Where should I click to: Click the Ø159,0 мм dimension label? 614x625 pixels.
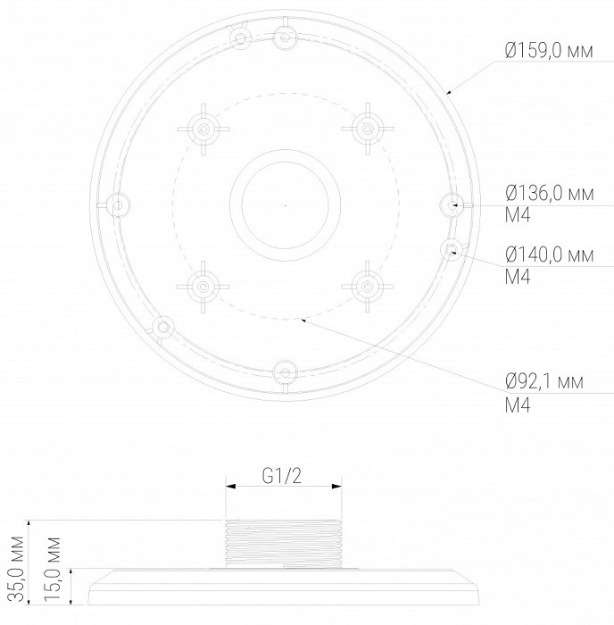[549, 51]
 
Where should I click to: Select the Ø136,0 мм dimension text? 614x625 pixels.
[550, 194]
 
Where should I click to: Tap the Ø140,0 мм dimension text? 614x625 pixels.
[550, 254]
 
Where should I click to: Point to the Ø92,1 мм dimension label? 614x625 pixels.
[544, 381]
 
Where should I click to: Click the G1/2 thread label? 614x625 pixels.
[282, 475]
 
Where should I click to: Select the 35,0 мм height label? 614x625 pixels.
[17, 568]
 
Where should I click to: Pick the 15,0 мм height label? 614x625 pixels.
[53, 569]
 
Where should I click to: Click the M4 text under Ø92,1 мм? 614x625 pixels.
[518, 405]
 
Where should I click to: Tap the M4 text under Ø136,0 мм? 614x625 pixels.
[518, 216]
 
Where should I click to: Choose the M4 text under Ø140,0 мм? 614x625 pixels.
[518, 277]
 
